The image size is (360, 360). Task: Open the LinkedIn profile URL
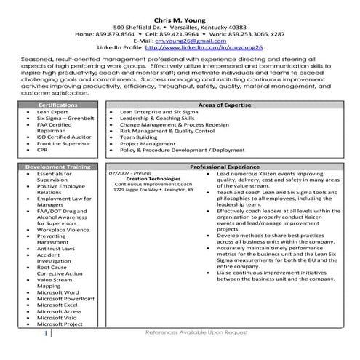point(203,48)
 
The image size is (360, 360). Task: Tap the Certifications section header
point(57,105)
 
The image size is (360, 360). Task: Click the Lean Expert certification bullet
point(52,113)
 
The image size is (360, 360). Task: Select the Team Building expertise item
point(138,136)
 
